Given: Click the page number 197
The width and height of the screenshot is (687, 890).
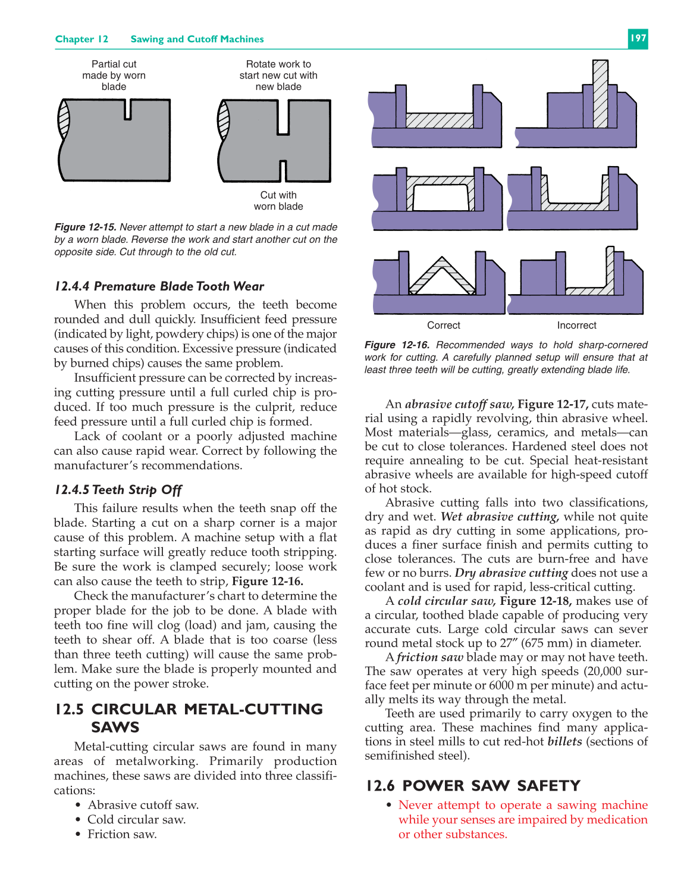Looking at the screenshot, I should (638, 39).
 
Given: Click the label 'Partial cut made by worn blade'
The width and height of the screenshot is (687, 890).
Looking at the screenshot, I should (114, 76).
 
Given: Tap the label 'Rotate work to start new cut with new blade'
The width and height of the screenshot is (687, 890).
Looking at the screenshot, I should (278, 76).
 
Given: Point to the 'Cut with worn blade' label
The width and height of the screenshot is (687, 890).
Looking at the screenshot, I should (278, 201).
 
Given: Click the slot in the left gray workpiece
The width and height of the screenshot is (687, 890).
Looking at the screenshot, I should (127, 109).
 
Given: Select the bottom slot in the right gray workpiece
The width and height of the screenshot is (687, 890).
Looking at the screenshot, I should (283, 171).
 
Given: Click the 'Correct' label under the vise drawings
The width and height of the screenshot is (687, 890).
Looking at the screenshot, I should (443, 325).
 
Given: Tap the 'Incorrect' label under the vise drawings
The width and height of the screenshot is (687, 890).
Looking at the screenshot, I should (576, 325).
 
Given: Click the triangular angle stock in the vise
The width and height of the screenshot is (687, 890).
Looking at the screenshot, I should (441, 277).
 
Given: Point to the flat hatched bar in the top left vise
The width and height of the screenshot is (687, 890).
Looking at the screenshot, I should (440, 121).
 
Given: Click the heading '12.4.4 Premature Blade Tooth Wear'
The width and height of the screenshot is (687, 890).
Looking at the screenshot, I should (159, 286).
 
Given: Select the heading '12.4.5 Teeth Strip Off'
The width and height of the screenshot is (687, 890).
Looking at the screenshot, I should (118, 490).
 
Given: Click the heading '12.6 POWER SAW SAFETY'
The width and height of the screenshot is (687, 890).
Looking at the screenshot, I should (473, 786).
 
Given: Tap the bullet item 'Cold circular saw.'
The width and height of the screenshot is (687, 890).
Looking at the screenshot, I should (136, 820).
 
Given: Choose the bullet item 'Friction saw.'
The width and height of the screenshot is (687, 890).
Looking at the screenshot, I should (122, 834).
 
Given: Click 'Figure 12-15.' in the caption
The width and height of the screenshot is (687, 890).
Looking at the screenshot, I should (85, 227).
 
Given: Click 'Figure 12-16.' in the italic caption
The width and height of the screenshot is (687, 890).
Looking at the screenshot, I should (397, 345).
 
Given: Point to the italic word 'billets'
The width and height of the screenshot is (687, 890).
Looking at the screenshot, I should (564, 742).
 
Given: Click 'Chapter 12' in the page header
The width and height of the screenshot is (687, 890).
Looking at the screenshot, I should (81, 39).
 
